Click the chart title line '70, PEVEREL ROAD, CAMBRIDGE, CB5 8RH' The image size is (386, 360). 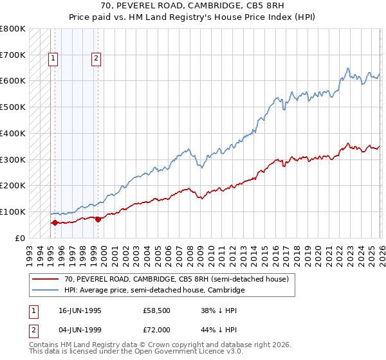192,6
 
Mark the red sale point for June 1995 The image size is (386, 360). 55,223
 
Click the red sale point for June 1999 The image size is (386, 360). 97,219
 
